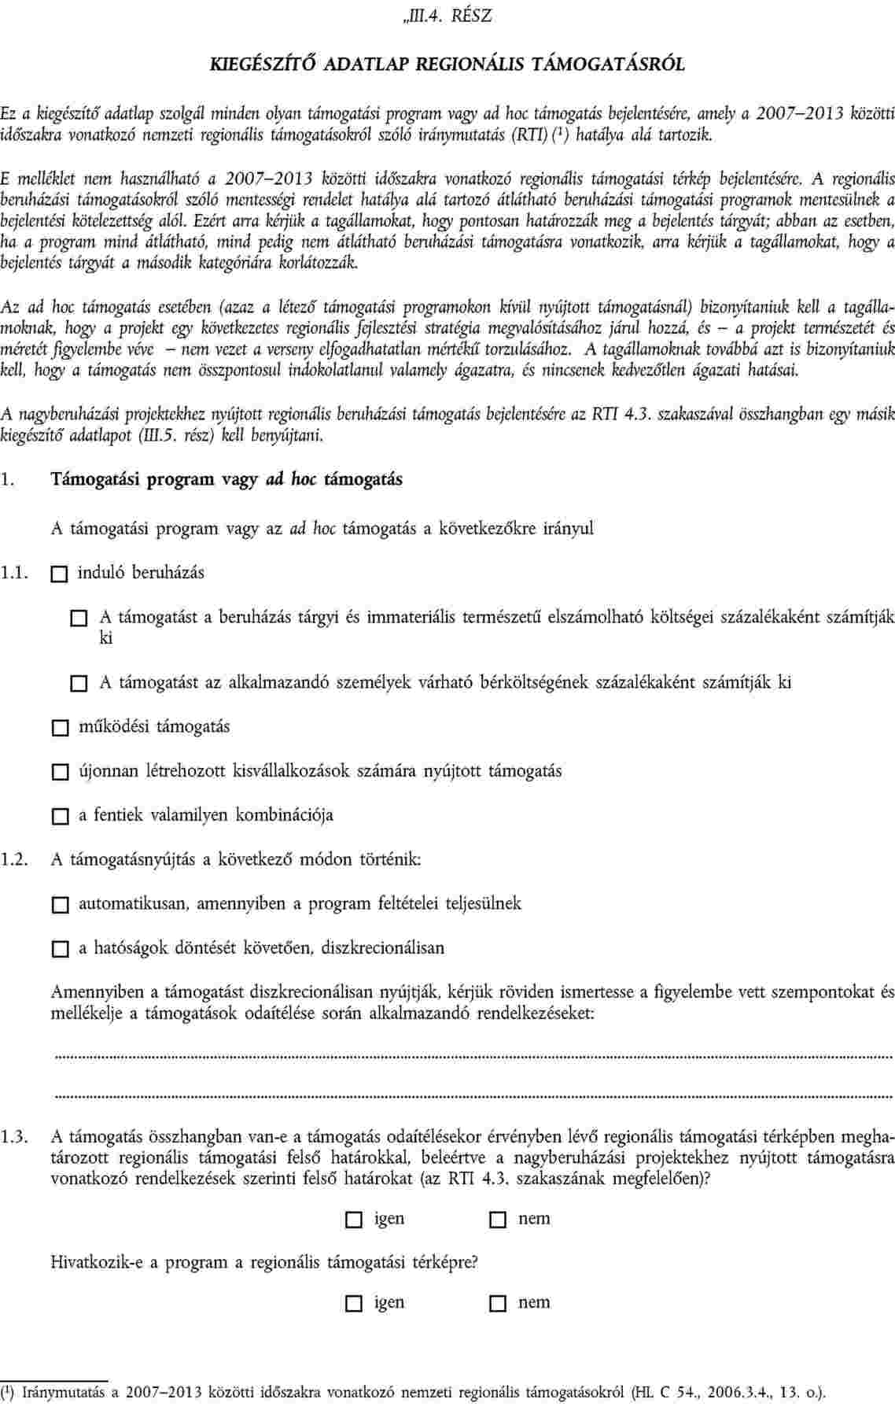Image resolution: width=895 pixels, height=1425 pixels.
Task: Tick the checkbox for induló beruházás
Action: [59, 575]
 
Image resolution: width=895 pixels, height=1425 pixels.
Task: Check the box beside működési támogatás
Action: [59, 729]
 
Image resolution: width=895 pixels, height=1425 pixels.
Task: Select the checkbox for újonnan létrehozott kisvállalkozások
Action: [59, 773]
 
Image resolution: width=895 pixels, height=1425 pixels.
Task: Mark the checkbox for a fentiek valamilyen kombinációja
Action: [59, 817]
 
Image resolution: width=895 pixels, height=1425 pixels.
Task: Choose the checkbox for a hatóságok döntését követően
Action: [59, 950]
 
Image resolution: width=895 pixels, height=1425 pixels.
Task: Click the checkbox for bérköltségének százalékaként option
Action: [79, 685]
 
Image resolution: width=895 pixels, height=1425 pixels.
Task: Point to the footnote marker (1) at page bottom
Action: [9, 1390]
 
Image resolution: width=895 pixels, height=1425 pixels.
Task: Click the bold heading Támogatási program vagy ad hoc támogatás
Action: [227, 479]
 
